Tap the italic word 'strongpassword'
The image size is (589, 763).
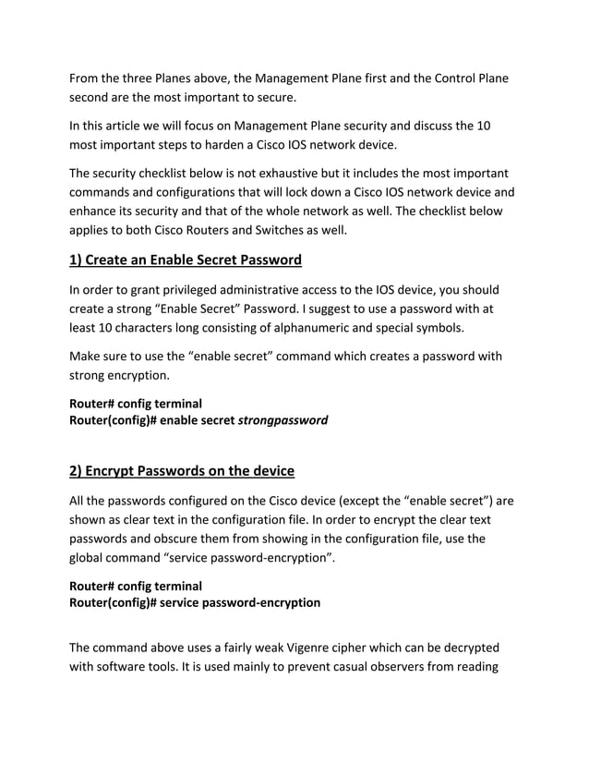[282, 420]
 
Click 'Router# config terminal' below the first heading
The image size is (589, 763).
[136, 404]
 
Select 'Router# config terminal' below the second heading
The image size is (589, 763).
[136, 586]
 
